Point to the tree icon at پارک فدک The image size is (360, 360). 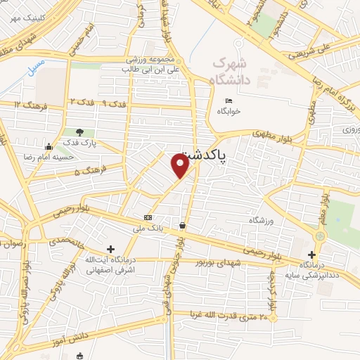[x=79, y=131]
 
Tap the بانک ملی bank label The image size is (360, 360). [x=148, y=228]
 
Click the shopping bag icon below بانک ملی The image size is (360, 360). [x=183, y=226]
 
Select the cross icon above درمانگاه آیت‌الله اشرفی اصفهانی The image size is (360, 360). [x=110, y=249]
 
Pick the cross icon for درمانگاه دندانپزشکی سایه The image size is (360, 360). [x=314, y=255]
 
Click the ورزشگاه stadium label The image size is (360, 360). [x=259, y=220]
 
